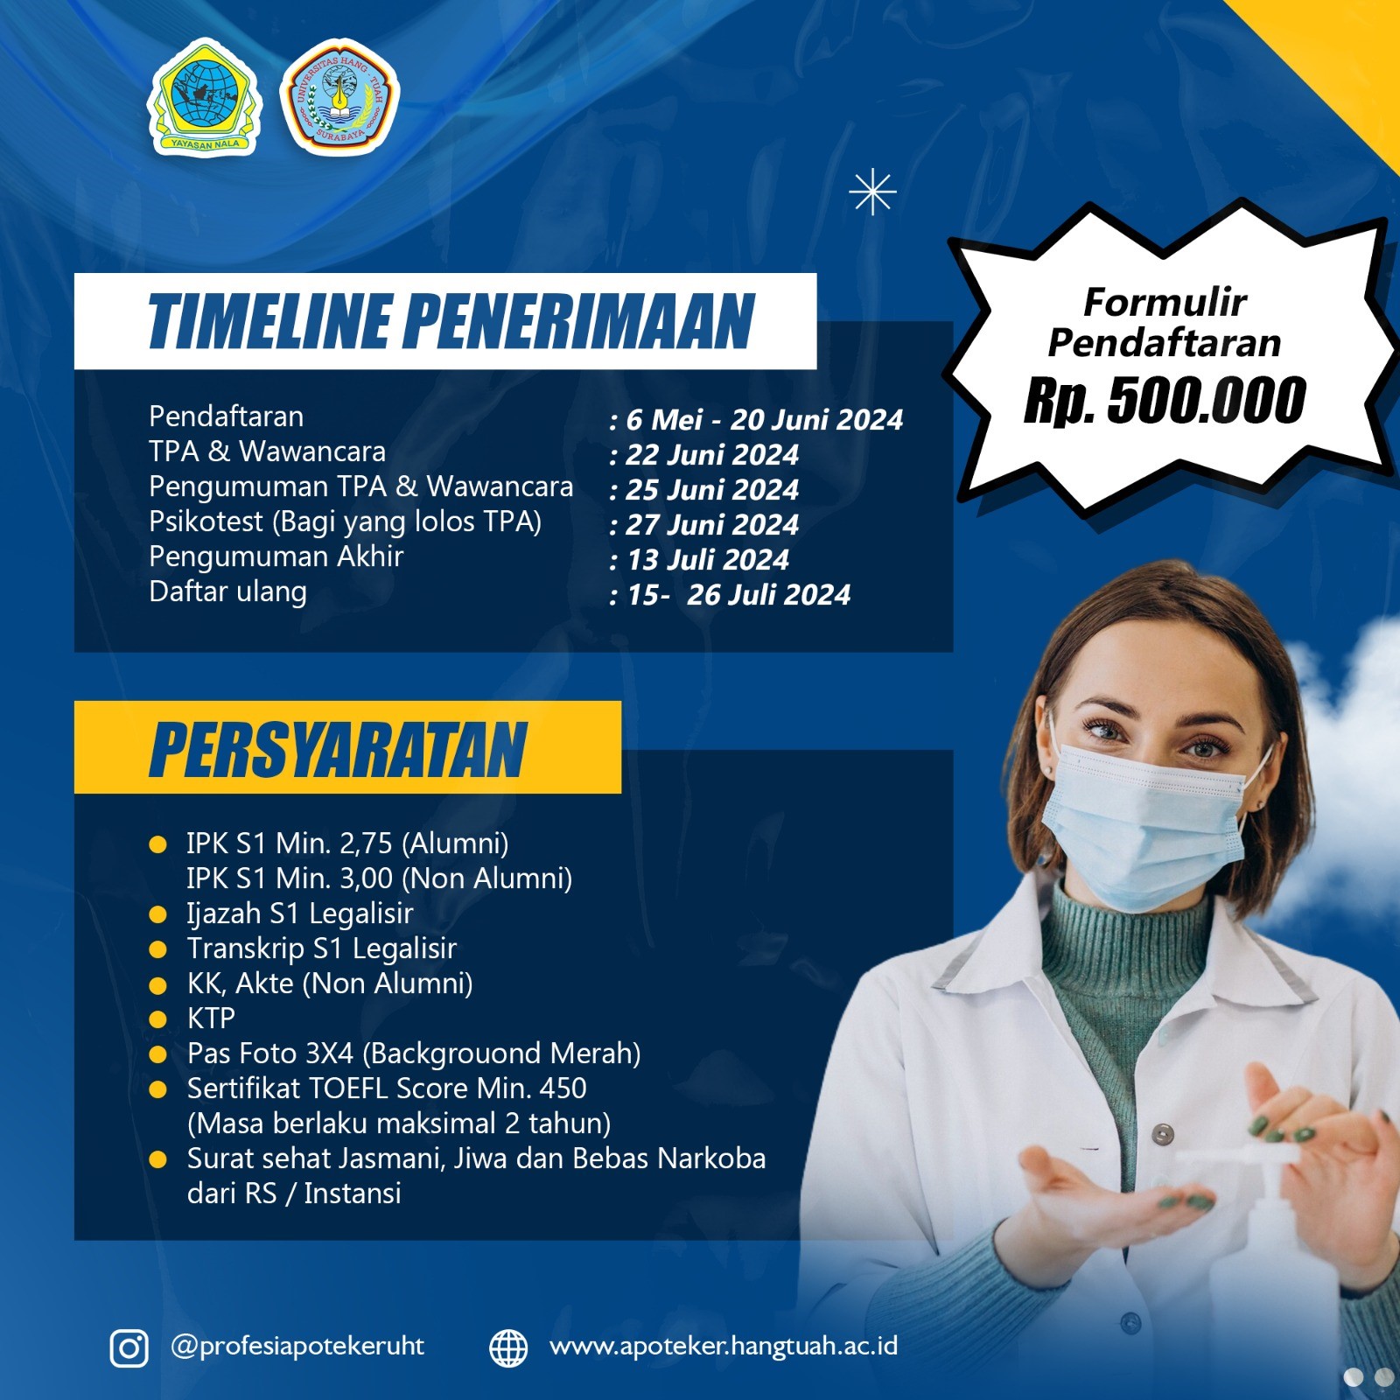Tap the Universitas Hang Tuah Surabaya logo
[339, 97]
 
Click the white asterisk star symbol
[872, 192]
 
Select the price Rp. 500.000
[1165, 401]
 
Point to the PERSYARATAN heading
[339, 750]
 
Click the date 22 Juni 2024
[711, 455]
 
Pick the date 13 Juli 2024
[708, 560]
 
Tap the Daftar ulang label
[227, 592]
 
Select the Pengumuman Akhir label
[276, 556]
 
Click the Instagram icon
[129, 1347]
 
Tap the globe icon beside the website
[508, 1347]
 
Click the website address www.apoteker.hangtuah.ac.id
[723, 1346]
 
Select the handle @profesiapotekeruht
[297, 1346]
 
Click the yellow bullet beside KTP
[158, 1019]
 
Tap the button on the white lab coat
[1162, 1135]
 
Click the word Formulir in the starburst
[1165, 303]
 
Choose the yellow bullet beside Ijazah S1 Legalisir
[158, 914]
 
